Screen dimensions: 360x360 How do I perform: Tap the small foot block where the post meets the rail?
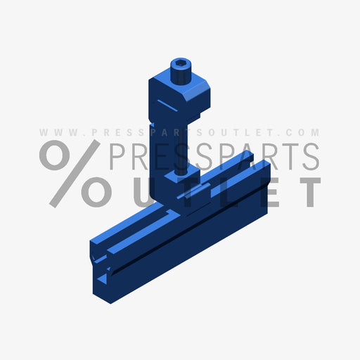tap(200, 197)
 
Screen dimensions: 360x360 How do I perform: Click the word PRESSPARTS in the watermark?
tap(214, 157)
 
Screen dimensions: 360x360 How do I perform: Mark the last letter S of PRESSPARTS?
tap(309, 157)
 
